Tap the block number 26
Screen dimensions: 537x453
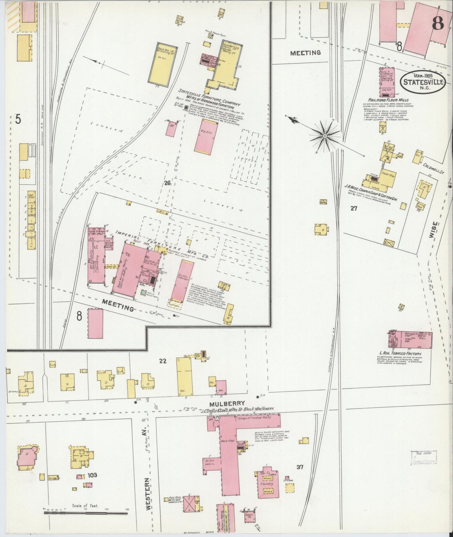point(167,183)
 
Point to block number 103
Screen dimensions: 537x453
point(92,475)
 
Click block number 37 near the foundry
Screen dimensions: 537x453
point(300,467)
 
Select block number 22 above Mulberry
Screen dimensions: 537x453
point(162,361)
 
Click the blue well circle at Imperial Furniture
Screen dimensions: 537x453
point(144,293)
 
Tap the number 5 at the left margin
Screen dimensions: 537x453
point(18,119)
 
